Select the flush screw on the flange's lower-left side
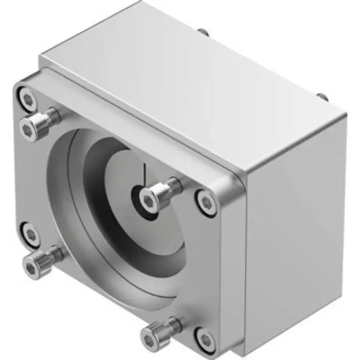tap(31, 235)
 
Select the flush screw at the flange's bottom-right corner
tap(206, 340)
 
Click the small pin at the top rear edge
tap(204, 32)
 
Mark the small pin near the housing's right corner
tap(321, 96)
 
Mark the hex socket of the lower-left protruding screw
tap(31, 268)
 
